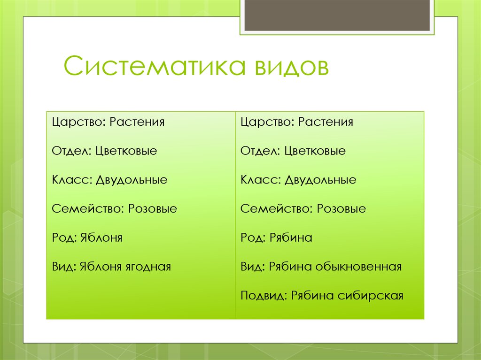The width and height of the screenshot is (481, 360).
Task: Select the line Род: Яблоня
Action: (87, 238)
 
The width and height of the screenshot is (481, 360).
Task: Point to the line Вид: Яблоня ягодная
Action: (111, 267)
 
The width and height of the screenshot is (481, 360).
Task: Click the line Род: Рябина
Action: (276, 238)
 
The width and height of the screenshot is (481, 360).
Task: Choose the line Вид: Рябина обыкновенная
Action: (321, 267)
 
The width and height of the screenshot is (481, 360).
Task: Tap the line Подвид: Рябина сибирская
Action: (322, 296)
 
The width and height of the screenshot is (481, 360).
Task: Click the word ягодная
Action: (148, 267)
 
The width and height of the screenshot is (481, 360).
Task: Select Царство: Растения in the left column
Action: (108, 123)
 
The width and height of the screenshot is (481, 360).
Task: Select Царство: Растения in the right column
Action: (296, 123)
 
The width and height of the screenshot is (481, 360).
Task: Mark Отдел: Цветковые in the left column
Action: (104, 151)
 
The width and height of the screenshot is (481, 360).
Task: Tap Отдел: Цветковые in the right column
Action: (293, 151)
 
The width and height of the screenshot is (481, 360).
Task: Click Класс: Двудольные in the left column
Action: (109, 180)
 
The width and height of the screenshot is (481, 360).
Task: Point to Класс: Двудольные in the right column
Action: (298, 180)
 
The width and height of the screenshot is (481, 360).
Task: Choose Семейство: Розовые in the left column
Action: (115, 209)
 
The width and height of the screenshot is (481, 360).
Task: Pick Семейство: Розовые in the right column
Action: (303, 209)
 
